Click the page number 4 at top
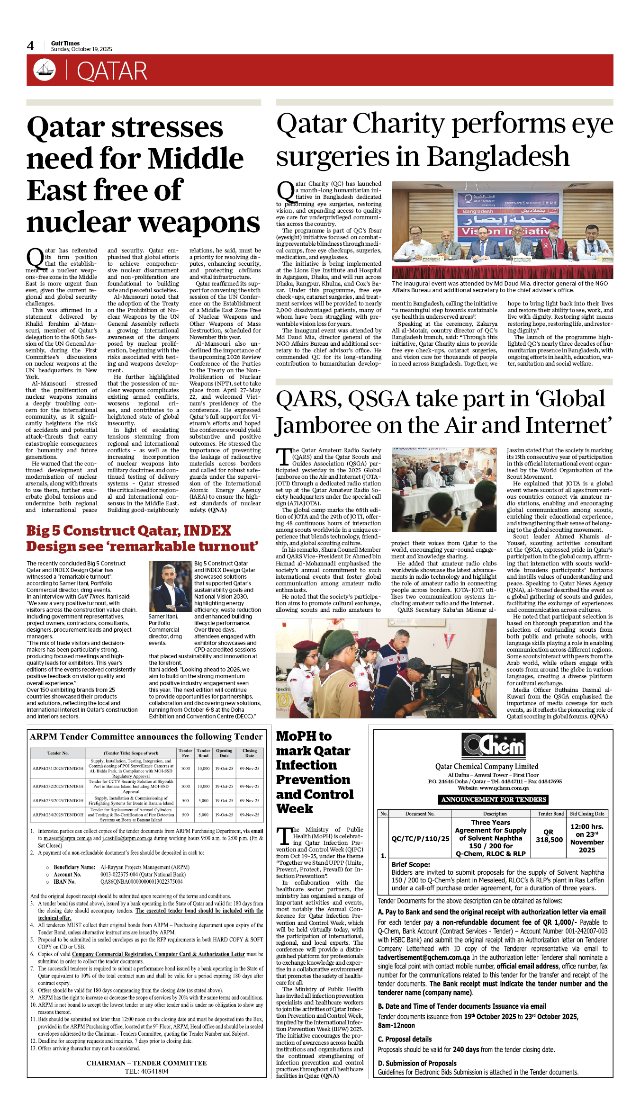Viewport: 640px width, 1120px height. pyautogui.click(x=30, y=46)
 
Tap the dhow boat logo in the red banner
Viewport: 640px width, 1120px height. pyautogui.click(x=44, y=70)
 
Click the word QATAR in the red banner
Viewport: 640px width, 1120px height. pyautogui.click(x=112, y=72)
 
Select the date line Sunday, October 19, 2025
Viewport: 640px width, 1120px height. pyautogui.click(x=81, y=49)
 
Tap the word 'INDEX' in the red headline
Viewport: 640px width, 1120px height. pyautogui.click(x=207, y=530)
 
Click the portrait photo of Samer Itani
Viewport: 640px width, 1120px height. pyautogui.click(x=170, y=586)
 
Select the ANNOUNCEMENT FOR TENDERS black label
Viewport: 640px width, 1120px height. pyautogui.click(x=494, y=799)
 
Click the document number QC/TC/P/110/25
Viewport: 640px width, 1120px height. pyautogui.click(x=420, y=839)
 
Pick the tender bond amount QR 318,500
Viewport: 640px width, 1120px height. pyautogui.click(x=549, y=836)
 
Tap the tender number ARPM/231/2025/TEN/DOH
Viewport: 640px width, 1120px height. pyautogui.click(x=58, y=769)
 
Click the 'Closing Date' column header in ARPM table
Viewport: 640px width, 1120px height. pyautogui.click(x=249, y=753)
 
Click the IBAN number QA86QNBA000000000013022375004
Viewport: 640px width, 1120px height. pyautogui.click(x=141, y=882)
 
